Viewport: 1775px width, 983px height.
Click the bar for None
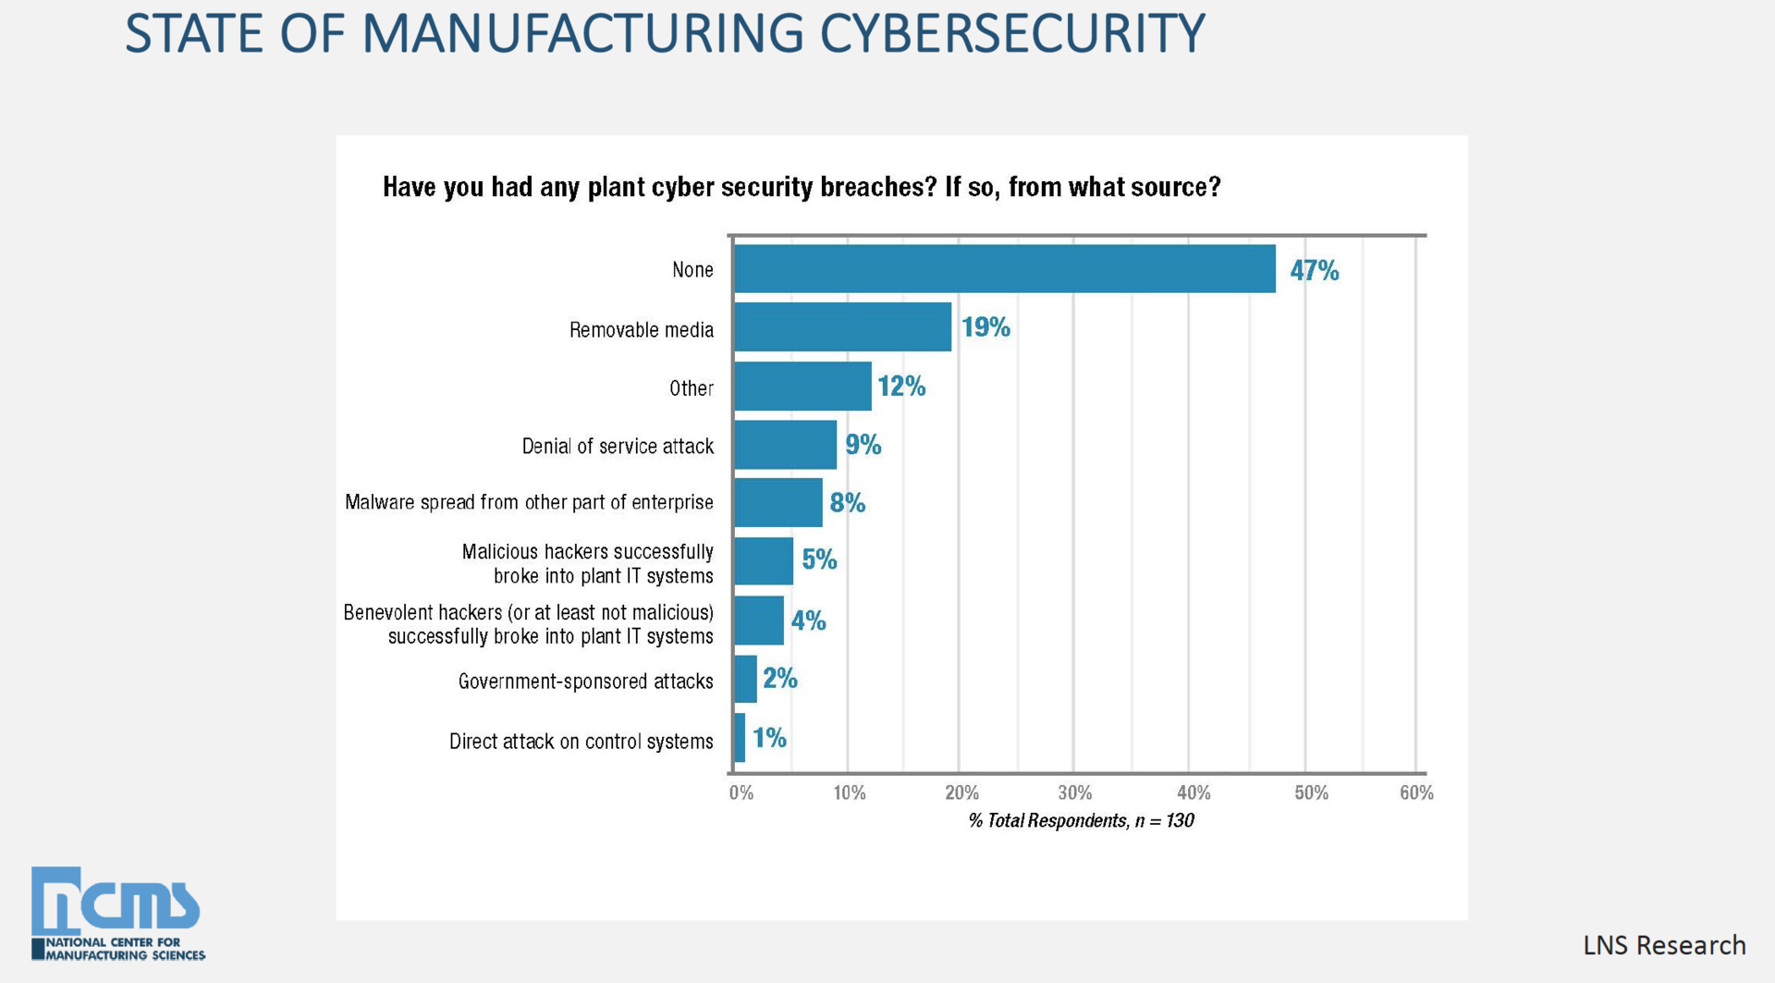(1004, 269)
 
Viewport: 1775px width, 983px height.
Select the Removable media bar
(842, 327)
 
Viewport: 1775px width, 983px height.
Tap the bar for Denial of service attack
(785, 445)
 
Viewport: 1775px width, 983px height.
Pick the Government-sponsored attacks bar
(745, 679)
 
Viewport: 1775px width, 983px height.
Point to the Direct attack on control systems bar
(740, 738)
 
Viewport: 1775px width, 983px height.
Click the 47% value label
(1314, 270)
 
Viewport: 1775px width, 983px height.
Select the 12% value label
(901, 387)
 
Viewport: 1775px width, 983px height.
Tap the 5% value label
(819, 559)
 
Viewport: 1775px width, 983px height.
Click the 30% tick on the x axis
(1074, 793)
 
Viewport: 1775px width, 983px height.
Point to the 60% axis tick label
(1415, 793)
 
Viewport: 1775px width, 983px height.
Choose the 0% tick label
(741, 793)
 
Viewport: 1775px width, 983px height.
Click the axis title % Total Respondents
(1081, 820)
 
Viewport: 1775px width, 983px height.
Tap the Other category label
(691, 388)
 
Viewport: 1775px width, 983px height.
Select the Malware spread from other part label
(529, 502)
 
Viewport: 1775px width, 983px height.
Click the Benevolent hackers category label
(529, 624)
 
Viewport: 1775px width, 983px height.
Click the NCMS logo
(116, 912)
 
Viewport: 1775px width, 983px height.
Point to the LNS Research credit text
(1663, 945)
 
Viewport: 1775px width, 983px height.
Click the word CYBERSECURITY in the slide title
(1012, 34)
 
